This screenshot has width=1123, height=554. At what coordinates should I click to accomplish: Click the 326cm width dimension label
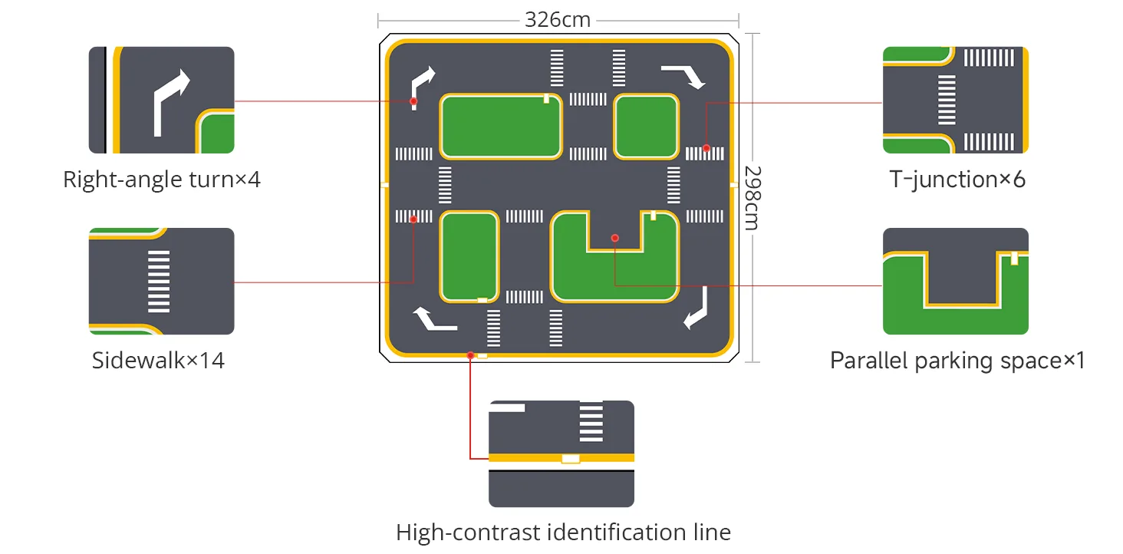point(558,20)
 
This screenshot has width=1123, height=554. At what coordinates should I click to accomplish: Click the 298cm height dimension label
point(753,197)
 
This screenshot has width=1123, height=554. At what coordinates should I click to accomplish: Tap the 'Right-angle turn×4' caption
point(161,180)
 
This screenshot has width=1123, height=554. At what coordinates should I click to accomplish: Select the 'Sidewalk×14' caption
point(158,360)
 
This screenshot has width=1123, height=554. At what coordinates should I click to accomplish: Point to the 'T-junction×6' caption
point(957,180)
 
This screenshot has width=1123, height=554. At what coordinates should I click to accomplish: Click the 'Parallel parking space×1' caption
point(957,361)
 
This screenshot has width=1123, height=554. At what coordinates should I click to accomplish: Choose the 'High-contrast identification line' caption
point(563,532)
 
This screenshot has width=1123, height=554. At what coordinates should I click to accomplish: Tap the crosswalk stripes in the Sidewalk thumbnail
point(159,282)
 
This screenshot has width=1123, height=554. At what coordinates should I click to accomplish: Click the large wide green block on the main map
point(501,127)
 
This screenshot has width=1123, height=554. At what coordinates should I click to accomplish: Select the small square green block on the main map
point(646,127)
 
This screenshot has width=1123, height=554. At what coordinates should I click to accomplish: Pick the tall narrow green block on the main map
point(469,257)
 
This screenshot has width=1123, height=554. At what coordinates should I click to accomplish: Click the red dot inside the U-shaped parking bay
point(614,238)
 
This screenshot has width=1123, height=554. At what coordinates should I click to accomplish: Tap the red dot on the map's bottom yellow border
point(470,355)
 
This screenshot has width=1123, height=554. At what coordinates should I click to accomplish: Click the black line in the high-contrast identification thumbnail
point(561,471)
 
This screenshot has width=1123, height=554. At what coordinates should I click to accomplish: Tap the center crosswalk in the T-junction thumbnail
point(947,100)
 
